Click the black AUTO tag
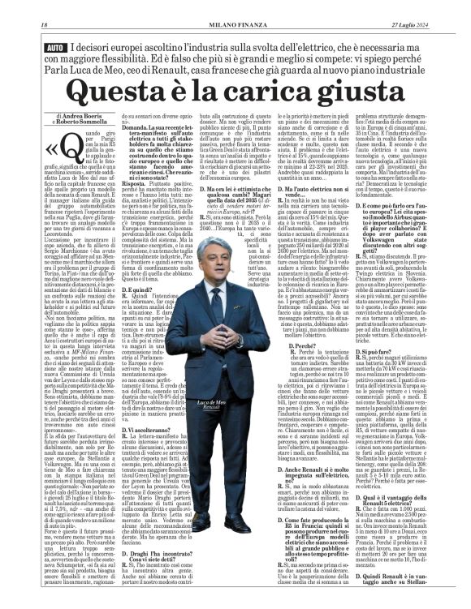click(x=55, y=49)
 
